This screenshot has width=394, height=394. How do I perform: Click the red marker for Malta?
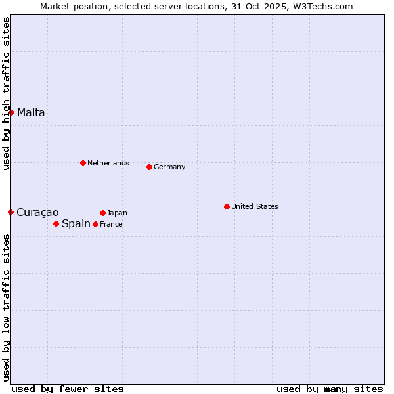pos(11,112)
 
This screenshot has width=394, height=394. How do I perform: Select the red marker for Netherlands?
pos(83,163)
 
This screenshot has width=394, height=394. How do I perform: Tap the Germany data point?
pos(149,167)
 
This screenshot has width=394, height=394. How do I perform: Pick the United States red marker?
pos(227,206)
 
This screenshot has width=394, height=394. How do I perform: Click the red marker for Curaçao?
pos(11,212)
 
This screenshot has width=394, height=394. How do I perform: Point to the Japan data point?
pos(102,213)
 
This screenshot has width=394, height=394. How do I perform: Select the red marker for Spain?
pos(56,223)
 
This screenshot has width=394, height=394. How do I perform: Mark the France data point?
pos(95,224)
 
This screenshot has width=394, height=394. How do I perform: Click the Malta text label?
pos(31,112)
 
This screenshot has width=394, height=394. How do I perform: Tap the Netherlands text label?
pos(108,163)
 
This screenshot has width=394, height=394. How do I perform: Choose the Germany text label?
pos(169,167)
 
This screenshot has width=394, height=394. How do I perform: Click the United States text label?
pos(254,206)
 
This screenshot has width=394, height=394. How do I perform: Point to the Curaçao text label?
pos(37,212)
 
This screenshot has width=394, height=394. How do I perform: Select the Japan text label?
pos(117,213)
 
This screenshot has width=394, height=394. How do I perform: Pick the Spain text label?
pos(76,223)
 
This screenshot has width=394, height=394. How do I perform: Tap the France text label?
pos(111,224)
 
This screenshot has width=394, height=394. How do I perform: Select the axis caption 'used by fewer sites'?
pos(68,389)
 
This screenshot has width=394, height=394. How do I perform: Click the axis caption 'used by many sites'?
pos(330,389)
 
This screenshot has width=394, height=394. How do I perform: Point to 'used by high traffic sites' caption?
pos(7,93)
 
